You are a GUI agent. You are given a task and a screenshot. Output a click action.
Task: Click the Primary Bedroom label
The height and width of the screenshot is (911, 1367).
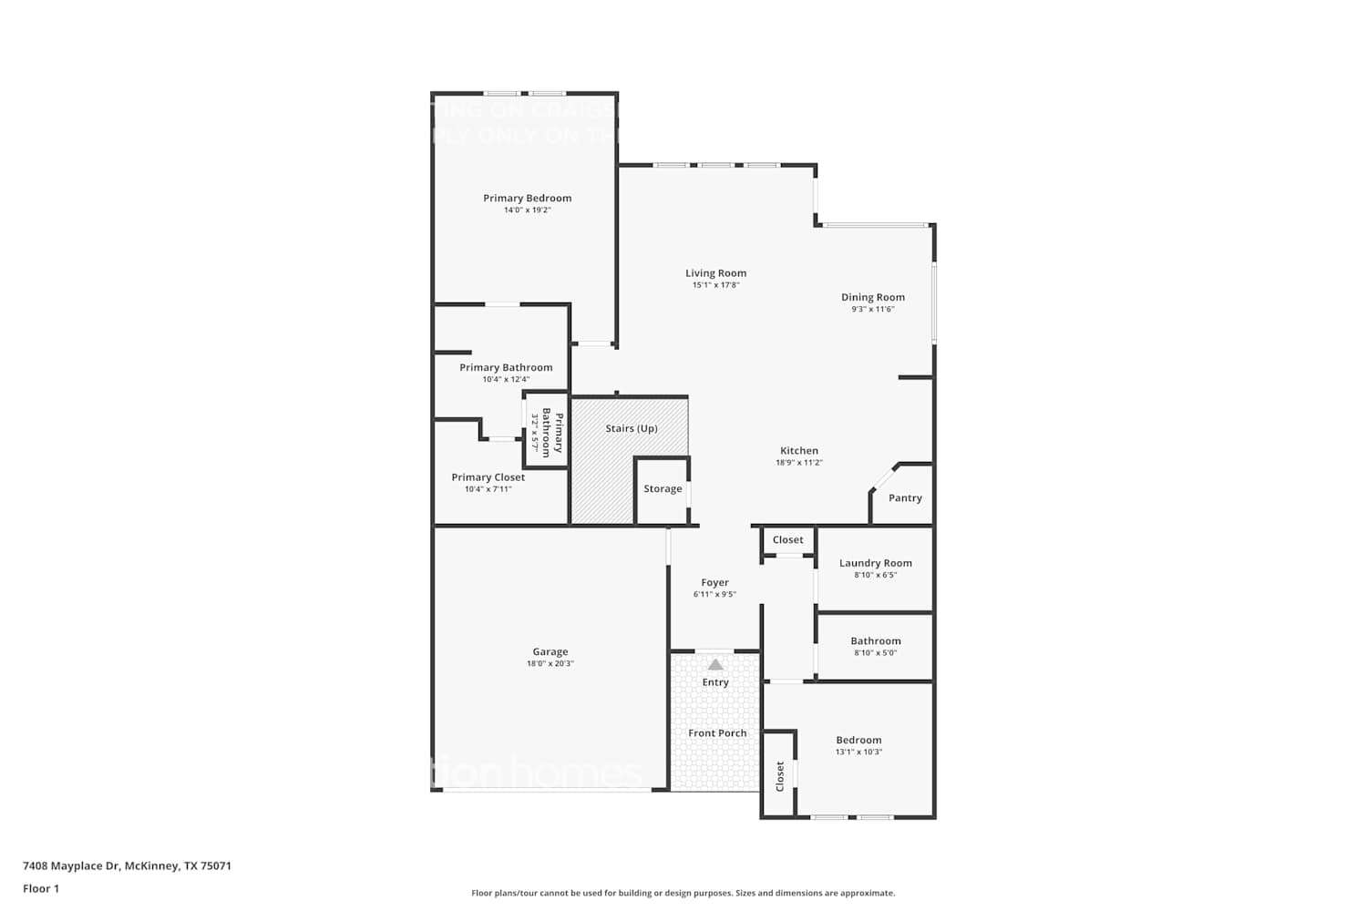(x=527, y=198)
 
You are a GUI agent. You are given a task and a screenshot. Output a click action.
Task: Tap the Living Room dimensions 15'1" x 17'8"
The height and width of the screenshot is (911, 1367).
(x=715, y=285)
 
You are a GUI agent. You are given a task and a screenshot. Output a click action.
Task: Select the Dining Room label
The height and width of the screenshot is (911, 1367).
(x=872, y=297)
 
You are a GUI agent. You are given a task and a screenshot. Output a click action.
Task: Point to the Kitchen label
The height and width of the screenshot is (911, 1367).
(x=798, y=450)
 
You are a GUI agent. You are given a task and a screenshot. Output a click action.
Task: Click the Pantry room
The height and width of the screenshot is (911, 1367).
(x=904, y=497)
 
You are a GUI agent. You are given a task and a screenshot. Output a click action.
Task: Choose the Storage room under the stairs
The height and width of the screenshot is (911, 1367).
(x=663, y=489)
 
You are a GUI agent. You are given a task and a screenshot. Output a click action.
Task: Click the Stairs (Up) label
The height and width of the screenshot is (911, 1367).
(x=631, y=428)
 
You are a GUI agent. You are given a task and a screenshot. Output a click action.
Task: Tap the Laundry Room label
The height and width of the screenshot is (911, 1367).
(x=875, y=563)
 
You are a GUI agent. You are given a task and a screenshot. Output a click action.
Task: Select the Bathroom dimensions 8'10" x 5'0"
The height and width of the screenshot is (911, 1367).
(x=875, y=652)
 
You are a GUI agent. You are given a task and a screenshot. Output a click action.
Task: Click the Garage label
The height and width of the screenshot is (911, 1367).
(x=550, y=651)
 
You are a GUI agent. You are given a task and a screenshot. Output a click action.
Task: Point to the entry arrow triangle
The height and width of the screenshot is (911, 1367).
(x=715, y=664)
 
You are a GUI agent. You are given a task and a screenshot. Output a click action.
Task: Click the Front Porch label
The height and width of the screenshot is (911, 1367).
(x=717, y=732)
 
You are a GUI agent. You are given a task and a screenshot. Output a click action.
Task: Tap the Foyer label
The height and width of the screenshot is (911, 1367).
(x=714, y=582)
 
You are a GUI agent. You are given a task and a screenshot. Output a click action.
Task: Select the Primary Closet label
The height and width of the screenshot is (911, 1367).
(x=488, y=476)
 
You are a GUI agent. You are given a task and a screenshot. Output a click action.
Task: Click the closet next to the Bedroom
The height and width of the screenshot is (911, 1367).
(x=780, y=775)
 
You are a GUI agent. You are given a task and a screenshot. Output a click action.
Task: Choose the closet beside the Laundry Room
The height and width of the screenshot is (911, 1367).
(x=787, y=539)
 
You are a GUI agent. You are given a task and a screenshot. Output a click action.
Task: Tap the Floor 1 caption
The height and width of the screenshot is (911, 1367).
(x=41, y=888)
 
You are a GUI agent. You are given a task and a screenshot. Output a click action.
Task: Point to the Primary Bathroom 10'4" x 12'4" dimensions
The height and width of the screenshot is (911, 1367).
(x=506, y=379)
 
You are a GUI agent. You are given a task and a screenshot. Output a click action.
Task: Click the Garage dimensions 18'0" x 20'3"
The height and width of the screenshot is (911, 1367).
(x=550, y=663)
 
